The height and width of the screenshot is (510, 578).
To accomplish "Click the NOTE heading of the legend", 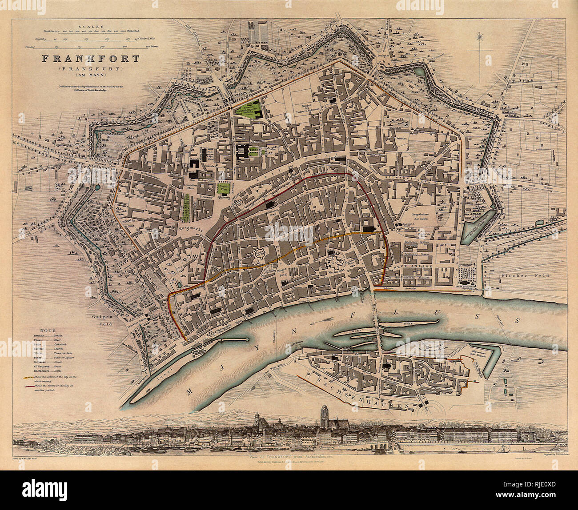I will (48, 331).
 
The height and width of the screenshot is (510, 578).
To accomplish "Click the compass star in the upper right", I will (481, 37).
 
